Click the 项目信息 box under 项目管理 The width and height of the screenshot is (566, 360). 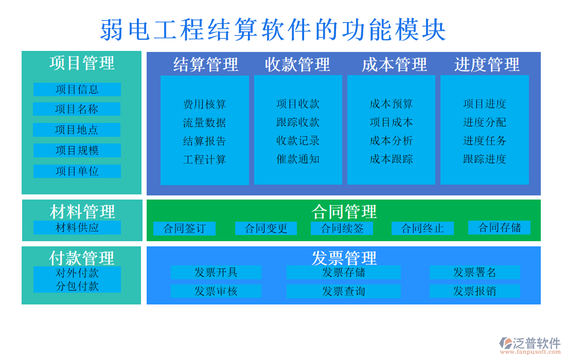tap(77, 89)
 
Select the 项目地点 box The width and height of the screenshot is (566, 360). tap(77, 130)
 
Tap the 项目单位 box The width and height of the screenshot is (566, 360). tap(77, 171)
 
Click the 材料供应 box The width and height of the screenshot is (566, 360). tap(77, 227)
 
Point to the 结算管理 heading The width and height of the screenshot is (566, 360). tap(206, 65)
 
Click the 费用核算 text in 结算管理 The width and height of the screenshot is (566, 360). tap(204, 104)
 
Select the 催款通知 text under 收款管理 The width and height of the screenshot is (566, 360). tap(298, 159)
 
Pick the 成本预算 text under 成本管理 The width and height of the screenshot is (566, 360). tap(391, 104)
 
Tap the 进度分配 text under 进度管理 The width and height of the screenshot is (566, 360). tap(484, 122)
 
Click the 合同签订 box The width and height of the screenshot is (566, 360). tap(184, 228)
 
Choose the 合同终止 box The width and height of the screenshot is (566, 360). tap(422, 228)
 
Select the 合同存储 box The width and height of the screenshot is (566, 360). tap(499, 227)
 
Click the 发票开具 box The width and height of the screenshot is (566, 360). tap(216, 273)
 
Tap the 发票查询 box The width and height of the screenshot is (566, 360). tap(343, 291)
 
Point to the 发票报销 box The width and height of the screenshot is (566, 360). tap(474, 291)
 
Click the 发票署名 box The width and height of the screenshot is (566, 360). tap(474, 273)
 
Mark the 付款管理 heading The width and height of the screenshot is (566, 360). tap(82, 257)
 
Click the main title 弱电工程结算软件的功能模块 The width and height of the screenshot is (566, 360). tap(273, 30)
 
